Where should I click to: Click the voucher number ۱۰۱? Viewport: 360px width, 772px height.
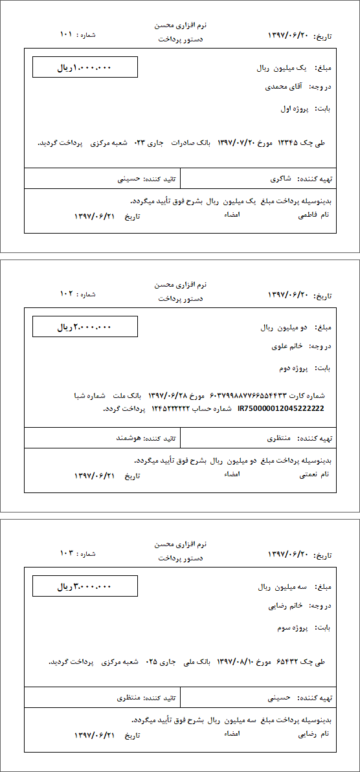tap(66, 34)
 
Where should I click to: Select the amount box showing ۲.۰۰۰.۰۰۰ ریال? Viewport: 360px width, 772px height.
tap(85, 327)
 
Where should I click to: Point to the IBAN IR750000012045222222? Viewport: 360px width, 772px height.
tap(281, 408)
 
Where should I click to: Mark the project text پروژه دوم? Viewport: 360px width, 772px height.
tap(293, 368)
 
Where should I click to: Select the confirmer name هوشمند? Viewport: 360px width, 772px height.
tap(129, 438)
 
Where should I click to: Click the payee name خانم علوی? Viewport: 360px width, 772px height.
tap(288, 346)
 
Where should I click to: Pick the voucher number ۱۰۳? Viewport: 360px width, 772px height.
tap(67, 553)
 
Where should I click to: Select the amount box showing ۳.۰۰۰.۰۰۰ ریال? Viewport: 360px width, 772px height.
tap(85, 586)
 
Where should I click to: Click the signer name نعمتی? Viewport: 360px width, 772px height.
tap(308, 474)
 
